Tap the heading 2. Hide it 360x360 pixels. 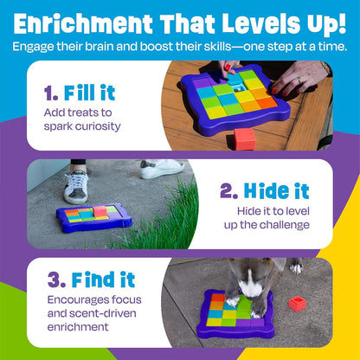pos(273,191)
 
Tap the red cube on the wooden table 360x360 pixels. pos(246,138)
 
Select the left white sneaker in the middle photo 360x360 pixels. pos(75,184)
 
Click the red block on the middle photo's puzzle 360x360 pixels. pos(100,211)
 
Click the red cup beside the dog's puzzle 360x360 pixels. pos(299,303)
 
